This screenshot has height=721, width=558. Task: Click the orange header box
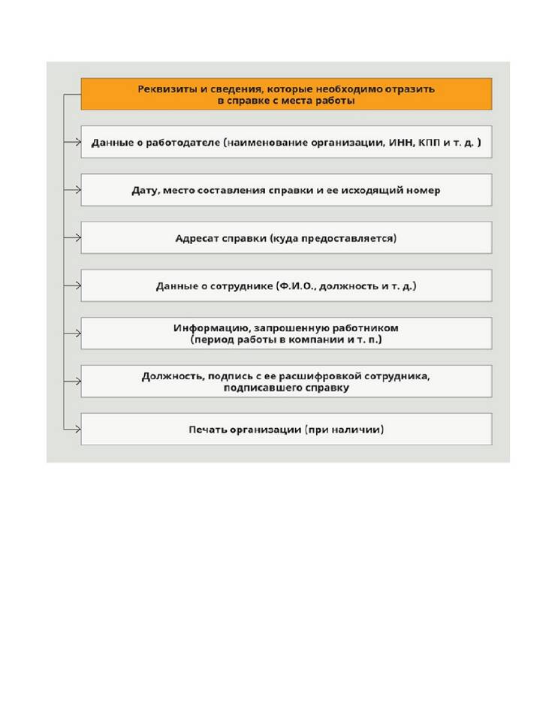[286, 94]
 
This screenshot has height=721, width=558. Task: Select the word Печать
[207, 430]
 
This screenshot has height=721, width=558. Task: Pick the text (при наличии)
[344, 430]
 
